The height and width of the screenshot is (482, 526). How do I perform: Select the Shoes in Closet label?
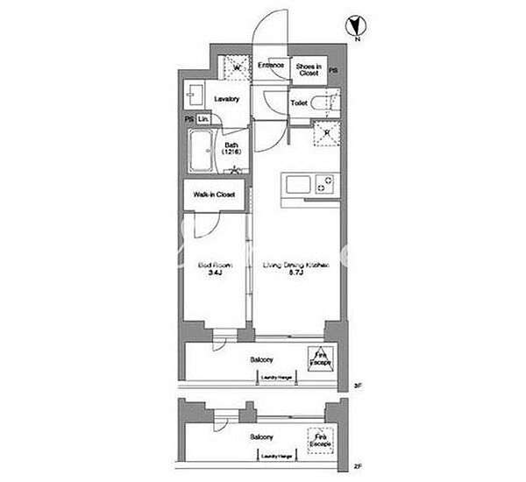click(307, 70)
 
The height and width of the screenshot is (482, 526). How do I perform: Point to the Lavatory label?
click(226, 99)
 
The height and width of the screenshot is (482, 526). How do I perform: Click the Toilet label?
click(298, 103)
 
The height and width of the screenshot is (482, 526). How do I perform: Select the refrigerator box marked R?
click(327, 134)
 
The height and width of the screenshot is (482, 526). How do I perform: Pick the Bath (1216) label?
click(231, 150)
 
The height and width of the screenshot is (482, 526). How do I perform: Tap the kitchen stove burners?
click(325, 186)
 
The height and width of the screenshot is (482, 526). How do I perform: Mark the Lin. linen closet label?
click(203, 119)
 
